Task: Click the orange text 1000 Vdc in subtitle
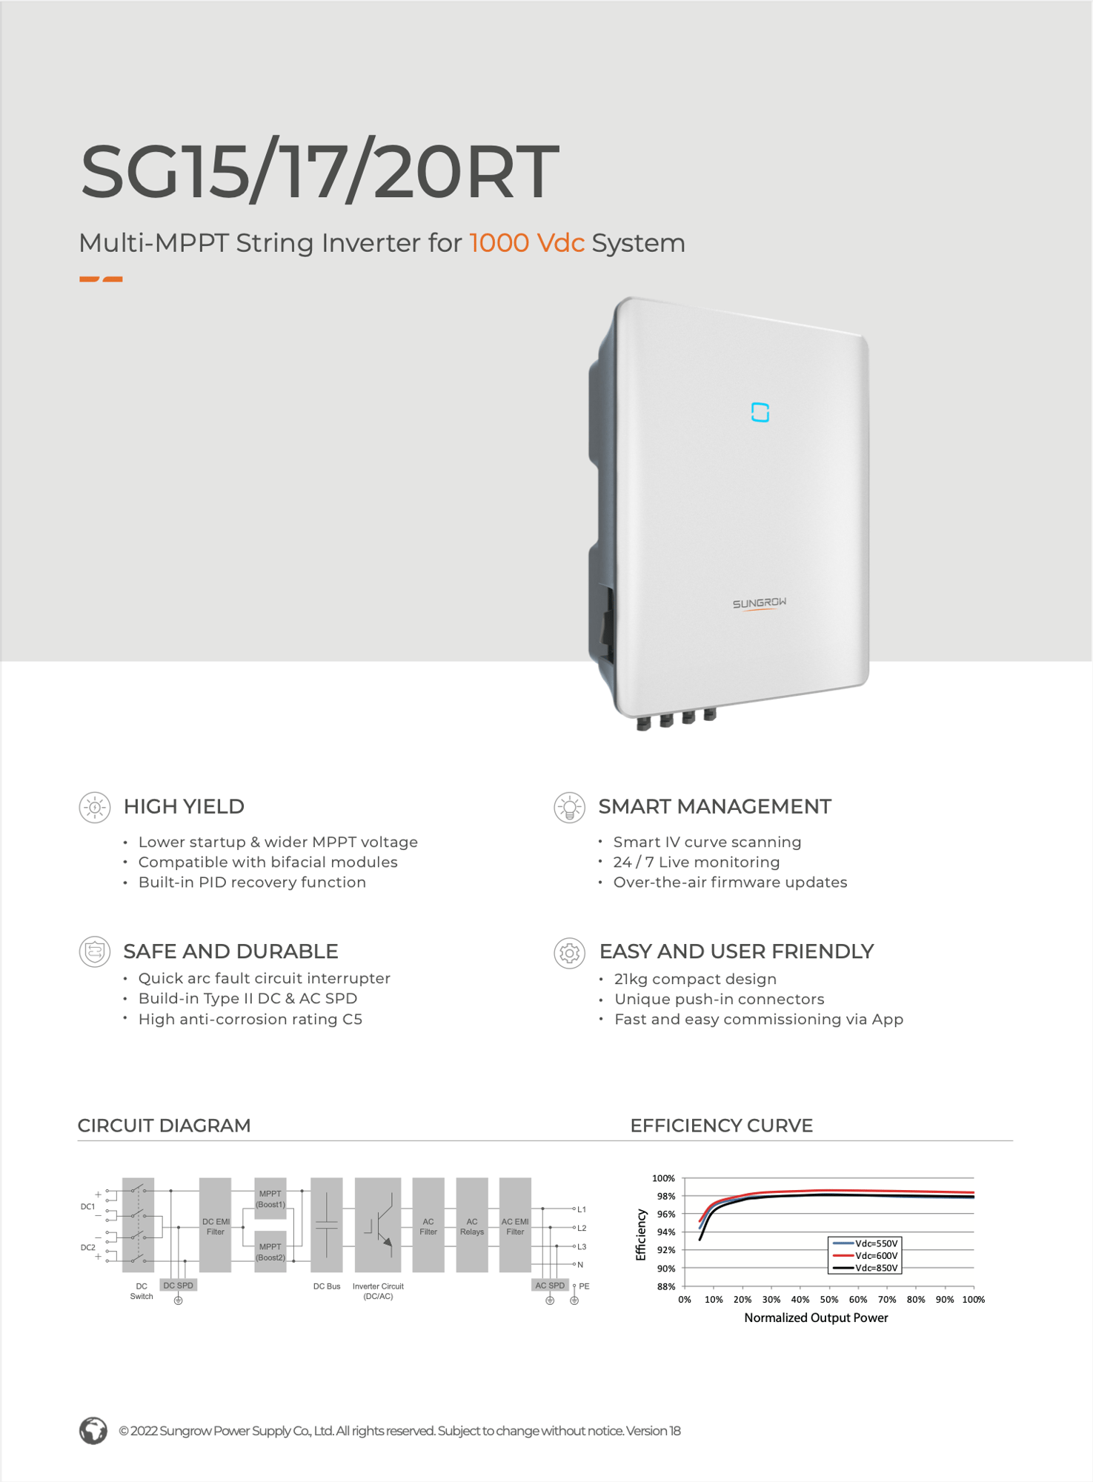click(x=527, y=243)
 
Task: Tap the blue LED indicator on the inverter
click(x=760, y=413)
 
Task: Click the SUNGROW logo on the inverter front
click(x=760, y=604)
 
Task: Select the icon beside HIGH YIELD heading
click(x=95, y=807)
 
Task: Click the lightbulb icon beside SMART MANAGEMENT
click(x=569, y=807)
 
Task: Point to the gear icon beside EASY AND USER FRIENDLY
click(x=569, y=953)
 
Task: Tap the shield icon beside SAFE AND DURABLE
click(x=95, y=951)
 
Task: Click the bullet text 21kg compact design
click(x=695, y=979)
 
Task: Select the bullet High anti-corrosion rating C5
click(x=250, y=1019)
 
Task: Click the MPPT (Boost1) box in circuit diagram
click(x=270, y=1198)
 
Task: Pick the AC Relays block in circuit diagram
click(x=472, y=1226)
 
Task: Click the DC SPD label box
click(x=178, y=1286)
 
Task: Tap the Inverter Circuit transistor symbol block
click(x=378, y=1226)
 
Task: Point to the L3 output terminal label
click(x=582, y=1247)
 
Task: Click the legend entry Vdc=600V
click(x=875, y=1256)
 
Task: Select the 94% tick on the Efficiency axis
click(x=665, y=1232)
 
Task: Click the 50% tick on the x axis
click(x=828, y=1300)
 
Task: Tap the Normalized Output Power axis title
click(x=815, y=1317)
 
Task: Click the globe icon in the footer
click(x=93, y=1431)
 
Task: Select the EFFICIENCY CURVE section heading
click(x=721, y=1126)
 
